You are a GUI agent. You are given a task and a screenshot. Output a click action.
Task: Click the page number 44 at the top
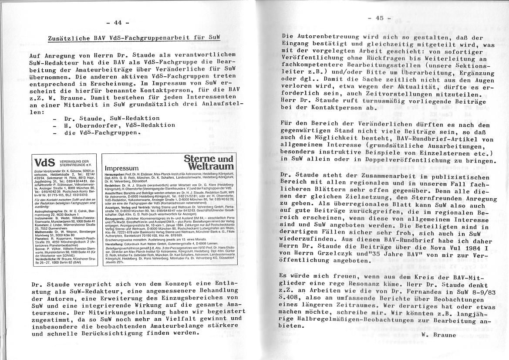tap(118, 23)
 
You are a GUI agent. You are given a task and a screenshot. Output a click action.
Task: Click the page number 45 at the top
tap(379, 18)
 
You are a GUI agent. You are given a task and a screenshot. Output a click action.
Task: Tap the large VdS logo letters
tap(44, 163)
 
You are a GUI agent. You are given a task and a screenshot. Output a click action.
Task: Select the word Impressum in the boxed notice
tap(121, 168)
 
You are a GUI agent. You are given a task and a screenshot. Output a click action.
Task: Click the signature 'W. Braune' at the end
tap(438, 335)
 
